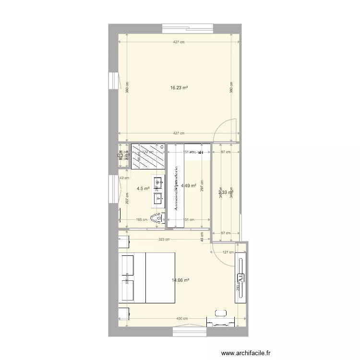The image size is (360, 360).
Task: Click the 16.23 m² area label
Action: [x=179, y=88]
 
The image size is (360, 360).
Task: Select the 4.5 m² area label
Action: [x=143, y=189]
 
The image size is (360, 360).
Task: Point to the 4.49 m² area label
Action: [x=189, y=185]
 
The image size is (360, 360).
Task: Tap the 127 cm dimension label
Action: [x=228, y=252]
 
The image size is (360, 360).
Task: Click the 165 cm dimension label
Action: [x=142, y=220]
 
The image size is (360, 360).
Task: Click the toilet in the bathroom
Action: [x=157, y=219]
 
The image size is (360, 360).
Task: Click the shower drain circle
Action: [x=162, y=147]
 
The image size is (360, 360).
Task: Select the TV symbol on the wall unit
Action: [x=240, y=277]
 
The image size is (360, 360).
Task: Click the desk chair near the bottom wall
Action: [x=221, y=313]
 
